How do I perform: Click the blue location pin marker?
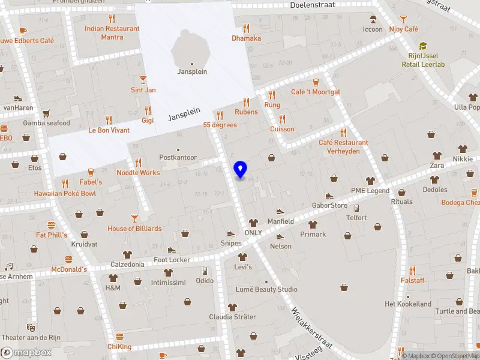pos(241,169)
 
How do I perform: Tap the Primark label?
pos(313,235)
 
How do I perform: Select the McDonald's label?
pos(69,269)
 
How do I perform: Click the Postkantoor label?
pos(178,157)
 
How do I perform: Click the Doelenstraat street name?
pos(312,5)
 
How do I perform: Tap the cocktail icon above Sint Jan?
pos(143,80)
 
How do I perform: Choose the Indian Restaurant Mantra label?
pos(104,32)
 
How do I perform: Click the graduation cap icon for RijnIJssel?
pos(423,46)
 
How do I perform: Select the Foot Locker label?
pos(172,260)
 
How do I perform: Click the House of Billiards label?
pos(134,229)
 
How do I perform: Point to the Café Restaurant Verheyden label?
pos(343,147)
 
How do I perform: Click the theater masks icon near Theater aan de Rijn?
pos(30,328)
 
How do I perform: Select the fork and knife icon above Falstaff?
pos(412,270)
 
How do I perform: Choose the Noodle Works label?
pos(138,173)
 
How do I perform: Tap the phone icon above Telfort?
pos(356,208)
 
